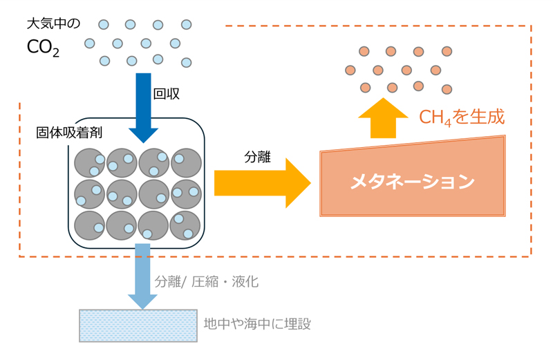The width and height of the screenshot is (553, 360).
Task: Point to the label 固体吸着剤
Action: [x=70, y=133]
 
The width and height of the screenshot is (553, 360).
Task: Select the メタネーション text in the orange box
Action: [x=413, y=182]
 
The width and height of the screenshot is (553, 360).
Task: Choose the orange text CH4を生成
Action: [x=462, y=116]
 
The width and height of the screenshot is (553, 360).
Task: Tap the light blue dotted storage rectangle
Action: [x=138, y=325]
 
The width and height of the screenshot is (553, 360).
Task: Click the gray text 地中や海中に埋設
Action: [x=262, y=324]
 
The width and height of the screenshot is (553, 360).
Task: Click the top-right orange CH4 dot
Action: [x=447, y=51]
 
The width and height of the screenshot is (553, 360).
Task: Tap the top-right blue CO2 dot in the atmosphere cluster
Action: [x=186, y=25]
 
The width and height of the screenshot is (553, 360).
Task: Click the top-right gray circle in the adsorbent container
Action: [x=186, y=162]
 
